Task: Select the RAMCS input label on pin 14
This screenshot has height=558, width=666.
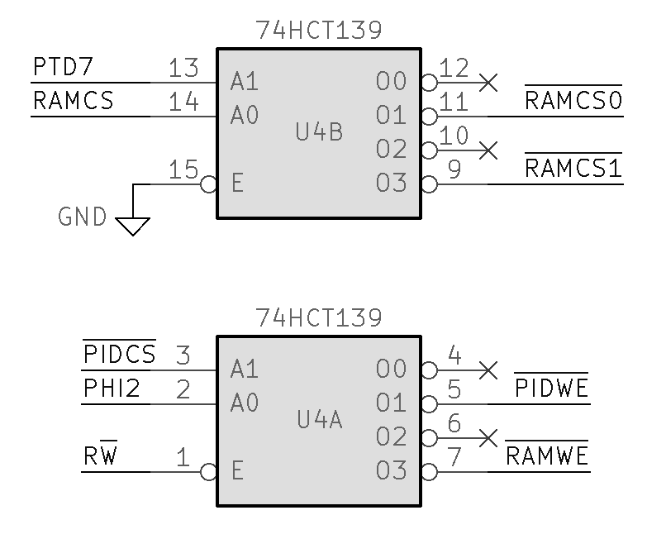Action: tap(73, 102)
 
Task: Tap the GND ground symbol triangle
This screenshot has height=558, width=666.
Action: tap(132, 225)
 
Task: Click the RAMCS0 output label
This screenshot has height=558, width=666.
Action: tap(573, 102)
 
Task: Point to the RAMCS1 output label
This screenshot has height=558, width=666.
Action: tap(573, 169)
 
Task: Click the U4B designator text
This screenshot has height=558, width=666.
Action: tap(319, 132)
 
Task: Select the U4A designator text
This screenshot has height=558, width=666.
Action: tap(319, 421)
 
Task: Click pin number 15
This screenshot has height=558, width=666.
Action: tap(183, 169)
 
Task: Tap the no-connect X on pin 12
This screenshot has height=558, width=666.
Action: tap(489, 82)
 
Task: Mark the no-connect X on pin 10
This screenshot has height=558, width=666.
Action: tap(489, 150)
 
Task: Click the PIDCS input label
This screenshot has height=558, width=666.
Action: tap(120, 355)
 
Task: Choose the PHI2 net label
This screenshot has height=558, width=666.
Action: tap(112, 389)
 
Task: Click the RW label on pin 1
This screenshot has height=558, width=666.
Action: tap(100, 456)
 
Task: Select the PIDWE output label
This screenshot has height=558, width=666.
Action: tap(551, 389)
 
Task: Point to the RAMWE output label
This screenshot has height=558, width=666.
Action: tap(547, 456)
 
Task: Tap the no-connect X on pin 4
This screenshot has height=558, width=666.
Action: tap(489, 370)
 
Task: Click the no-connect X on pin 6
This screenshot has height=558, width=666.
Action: tap(489, 437)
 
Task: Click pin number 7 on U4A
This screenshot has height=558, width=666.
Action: tap(453, 456)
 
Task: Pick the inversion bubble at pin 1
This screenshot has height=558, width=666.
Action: tap(209, 472)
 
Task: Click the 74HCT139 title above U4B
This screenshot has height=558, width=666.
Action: tap(319, 31)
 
